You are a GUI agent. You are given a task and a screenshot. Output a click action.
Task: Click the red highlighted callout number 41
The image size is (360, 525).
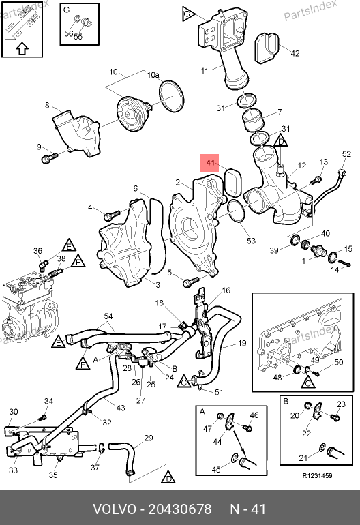[x=210, y=163]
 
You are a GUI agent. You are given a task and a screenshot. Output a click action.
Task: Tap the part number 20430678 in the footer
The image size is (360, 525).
[x=180, y=509]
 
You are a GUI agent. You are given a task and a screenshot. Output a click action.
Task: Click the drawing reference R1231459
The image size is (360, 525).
[x=317, y=476]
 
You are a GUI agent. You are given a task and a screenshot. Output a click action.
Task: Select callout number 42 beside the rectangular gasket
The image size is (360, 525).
[x=295, y=53]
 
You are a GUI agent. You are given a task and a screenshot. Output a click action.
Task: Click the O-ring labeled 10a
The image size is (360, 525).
[x=171, y=95]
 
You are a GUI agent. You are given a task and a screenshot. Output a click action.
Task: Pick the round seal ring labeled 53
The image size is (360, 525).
[x=236, y=211]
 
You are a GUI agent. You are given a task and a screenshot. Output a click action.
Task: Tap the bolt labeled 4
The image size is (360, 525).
[x=112, y=215]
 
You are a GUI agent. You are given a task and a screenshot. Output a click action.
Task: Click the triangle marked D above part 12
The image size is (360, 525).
[x=281, y=140]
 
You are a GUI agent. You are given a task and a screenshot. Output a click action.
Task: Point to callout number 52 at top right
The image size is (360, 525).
[x=346, y=153]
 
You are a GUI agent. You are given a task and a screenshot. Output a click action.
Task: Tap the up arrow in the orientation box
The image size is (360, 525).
[x=22, y=49]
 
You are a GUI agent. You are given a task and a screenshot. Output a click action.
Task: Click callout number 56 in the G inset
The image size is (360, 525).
[x=69, y=33]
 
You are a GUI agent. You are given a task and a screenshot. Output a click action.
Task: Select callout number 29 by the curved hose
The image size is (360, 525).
[x=149, y=438]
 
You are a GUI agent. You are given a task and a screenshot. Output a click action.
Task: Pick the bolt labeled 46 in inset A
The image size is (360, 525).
[x=247, y=428]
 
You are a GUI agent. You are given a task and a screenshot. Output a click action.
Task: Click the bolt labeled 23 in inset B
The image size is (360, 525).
[x=335, y=417]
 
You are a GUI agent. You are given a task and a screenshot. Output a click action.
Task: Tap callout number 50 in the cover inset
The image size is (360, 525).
[x=339, y=362]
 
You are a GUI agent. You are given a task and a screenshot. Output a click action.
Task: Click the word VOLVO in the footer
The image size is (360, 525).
[x=115, y=509]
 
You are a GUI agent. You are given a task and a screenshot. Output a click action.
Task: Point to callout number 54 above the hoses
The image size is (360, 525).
[x=108, y=316]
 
